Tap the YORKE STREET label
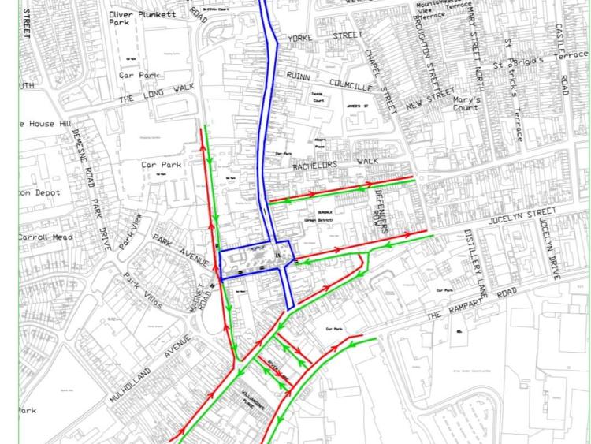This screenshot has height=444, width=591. pos(325,36)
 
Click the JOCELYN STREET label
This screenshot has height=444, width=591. pos(522,215)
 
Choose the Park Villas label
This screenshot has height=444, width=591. pos(143,290)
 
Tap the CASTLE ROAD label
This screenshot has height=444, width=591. pos(563,59)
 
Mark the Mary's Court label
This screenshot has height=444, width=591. pos(466,104)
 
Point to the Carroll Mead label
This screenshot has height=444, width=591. pos(46,237)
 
